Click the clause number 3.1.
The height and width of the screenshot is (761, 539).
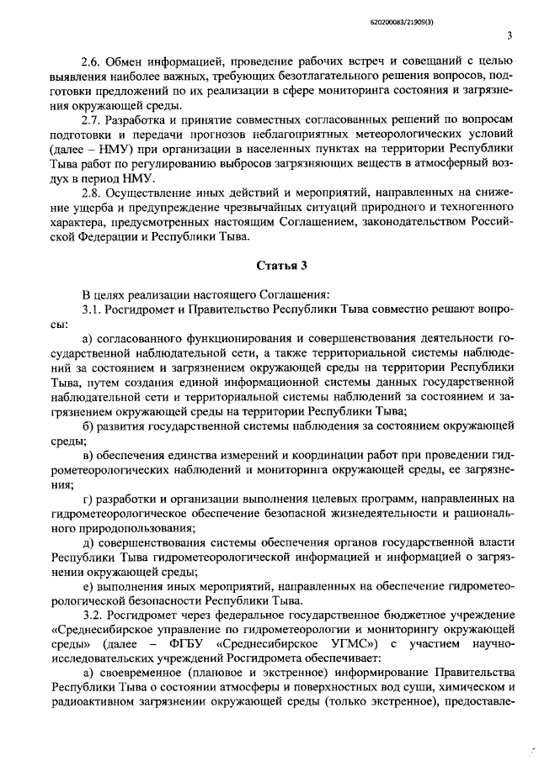(91, 309)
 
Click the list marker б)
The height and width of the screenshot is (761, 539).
(88, 425)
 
